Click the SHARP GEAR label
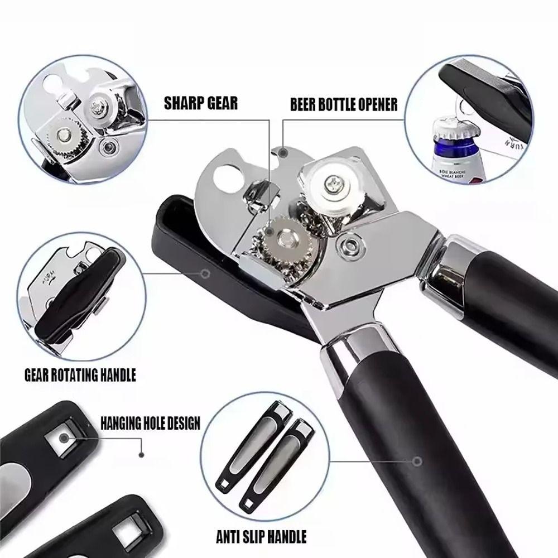click(x=200, y=103)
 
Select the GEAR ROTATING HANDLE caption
click(x=80, y=374)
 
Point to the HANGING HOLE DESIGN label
click(x=150, y=422)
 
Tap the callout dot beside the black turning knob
click(x=205, y=273)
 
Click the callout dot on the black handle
click(x=416, y=461)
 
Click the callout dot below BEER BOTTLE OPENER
click(x=283, y=152)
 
